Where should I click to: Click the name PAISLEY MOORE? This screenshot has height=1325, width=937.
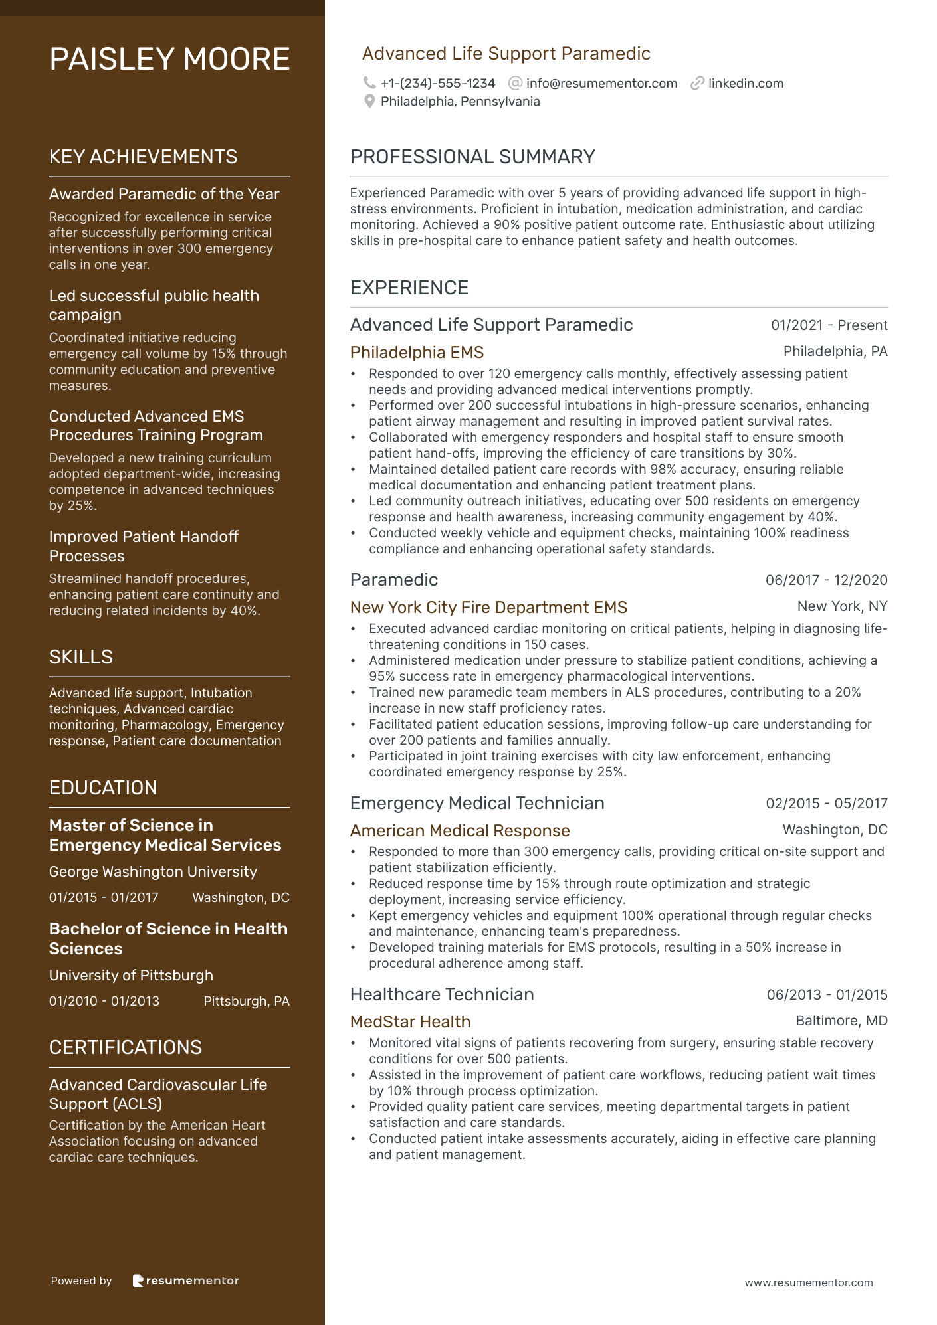(169, 60)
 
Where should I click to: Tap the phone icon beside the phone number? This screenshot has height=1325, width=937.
(369, 83)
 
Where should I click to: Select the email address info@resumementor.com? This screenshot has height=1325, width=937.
(601, 84)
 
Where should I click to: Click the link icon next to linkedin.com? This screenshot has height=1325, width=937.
(697, 84)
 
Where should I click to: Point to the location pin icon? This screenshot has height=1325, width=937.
(369, 102)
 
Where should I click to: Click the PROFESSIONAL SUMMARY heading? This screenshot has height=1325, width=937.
(472, 157)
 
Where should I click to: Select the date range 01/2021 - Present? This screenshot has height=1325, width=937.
(829, 325)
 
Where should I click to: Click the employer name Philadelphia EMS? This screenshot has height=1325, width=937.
(417, 353)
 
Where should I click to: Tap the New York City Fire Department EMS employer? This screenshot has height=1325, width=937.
(488, 608)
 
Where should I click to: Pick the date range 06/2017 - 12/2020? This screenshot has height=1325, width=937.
(826, 580)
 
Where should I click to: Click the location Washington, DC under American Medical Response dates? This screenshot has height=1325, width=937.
(835, 830)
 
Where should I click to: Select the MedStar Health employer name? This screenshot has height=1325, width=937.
(410, 1022)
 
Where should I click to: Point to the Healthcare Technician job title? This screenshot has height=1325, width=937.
(442, 994)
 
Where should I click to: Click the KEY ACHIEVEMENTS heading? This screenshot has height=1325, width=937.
(143, 157)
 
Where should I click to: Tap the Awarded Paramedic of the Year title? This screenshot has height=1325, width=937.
(164, 194)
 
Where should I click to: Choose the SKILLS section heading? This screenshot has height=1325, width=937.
(81, 657)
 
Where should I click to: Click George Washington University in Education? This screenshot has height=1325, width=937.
(153, 872)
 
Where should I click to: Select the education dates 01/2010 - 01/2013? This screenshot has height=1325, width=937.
(104, 1001)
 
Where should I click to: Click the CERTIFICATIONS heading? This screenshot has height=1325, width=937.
(126, 1047)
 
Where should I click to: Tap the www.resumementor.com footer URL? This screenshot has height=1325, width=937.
(808, 1282)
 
